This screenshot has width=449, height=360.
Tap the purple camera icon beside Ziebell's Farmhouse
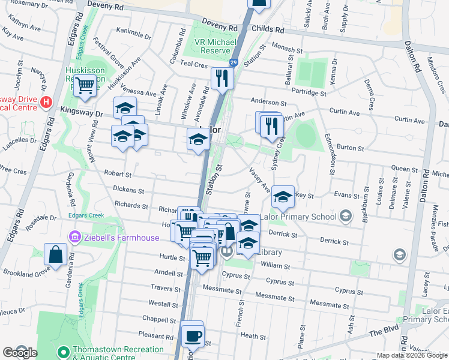(x=74, y=238)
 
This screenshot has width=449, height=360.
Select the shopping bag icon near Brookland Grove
(x=55, y=253)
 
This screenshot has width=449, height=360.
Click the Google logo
(x=19, y=353)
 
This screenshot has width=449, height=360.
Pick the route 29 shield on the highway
(x=233, y=61)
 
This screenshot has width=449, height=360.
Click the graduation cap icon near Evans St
(x=283, y=195)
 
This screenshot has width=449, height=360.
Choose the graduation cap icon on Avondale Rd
(x=198, y=140)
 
